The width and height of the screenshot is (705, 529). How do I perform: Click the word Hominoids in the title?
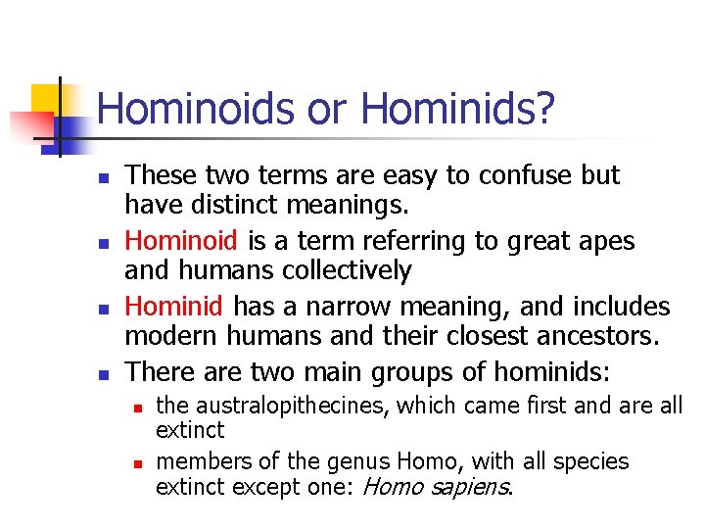click(194, 109)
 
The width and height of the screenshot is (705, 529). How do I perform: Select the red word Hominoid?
click(182, 241)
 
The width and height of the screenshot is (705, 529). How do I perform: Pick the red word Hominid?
click(174, 307)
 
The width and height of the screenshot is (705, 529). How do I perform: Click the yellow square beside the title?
click(48, 99)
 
